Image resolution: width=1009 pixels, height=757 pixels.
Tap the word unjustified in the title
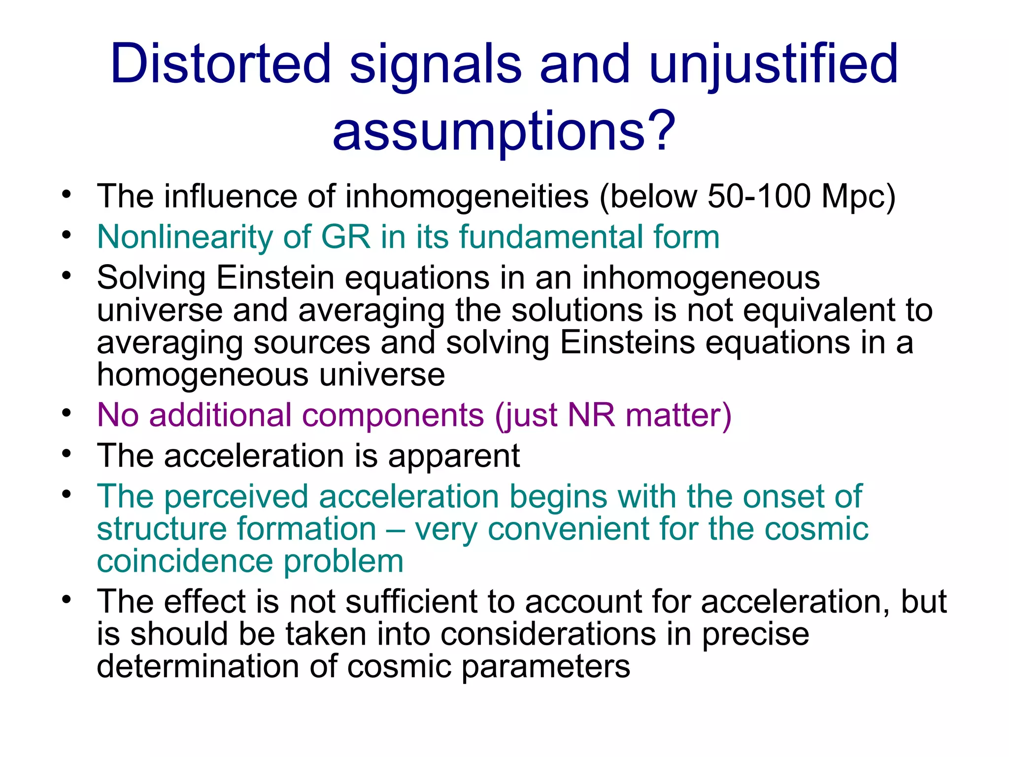click(774, 64)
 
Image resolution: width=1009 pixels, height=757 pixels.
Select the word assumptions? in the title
click(504, 131)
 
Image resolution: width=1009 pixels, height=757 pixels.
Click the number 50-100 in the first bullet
click(759, 196)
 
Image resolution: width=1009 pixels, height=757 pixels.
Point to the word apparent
click(454, 456)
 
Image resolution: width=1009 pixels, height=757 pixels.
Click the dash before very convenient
click(396, 529)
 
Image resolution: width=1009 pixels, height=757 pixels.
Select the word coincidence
click(185, 561)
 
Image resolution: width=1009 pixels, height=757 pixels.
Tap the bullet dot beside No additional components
click(67, 413)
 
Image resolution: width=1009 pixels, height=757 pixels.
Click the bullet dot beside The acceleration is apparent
click(67, 453)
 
